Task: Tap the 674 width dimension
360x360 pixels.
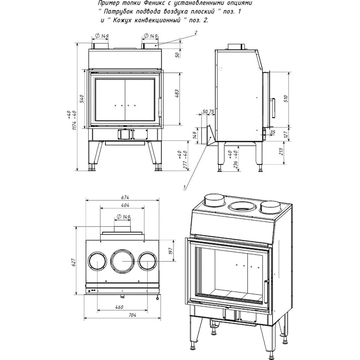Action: coord(125,197)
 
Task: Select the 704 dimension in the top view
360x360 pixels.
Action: coord(132,315)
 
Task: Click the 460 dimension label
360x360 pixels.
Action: coord(119,307)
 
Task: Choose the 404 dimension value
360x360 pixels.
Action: coord(125,205)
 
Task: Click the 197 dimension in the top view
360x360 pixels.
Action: coord(170,251)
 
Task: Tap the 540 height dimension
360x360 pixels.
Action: coord(82,99)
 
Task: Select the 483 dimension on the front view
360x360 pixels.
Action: coord(177,94)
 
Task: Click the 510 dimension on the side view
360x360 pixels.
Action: coord(285,99)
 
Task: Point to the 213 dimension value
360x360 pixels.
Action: coord(281,151)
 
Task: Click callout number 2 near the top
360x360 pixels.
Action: coord(195,33)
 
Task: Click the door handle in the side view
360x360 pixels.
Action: coord(273,107)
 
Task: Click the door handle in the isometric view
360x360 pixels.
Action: coord(266,291)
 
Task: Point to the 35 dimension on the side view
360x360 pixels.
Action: coord(273,132)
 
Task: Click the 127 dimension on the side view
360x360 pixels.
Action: coord(285,134)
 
